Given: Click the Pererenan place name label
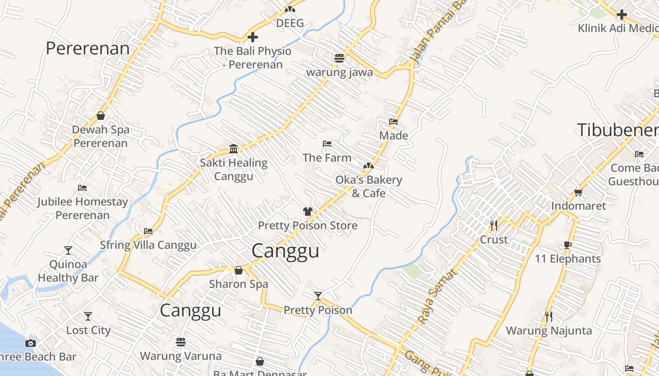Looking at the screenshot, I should point(88,48).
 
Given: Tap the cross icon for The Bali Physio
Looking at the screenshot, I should point(253,37).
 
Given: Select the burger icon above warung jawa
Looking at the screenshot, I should point(339,58).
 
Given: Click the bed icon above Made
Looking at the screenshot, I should point(394,122).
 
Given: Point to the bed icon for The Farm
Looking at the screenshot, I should point(327,144).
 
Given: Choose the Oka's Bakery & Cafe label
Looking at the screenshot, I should point(369,187).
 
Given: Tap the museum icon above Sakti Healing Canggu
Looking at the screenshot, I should point(233,149).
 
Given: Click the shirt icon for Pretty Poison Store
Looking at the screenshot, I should point(308,211).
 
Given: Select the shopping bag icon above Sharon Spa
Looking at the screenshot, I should point(239,270).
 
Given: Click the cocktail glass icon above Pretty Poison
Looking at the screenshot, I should point(318,296).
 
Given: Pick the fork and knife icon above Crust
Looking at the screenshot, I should point(493,226).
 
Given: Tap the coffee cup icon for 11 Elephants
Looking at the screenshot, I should point(568,245).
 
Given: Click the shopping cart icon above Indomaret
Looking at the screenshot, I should point(579,192).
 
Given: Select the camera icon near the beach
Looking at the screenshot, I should point(31,343).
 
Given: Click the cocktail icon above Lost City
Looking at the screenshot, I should point(88,316).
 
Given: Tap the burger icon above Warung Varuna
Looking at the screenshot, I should point(181,342).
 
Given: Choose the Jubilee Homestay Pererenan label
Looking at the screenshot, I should point(82,209).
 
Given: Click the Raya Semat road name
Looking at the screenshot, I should point(437,296).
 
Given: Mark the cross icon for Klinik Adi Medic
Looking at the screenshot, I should point(621,15).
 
